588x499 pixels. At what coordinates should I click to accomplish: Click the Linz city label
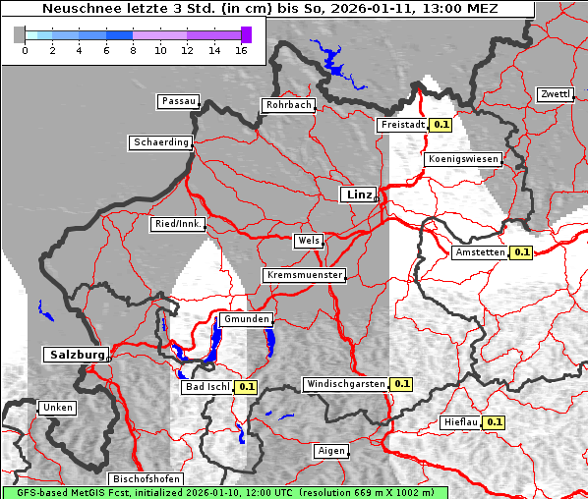click(358, 194)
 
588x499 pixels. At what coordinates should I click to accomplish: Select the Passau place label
click(178, 101)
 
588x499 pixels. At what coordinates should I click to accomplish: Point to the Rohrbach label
click(287, 105)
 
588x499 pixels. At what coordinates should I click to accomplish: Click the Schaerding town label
click(160, 142)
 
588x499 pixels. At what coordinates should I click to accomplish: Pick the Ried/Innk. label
click(178, 224)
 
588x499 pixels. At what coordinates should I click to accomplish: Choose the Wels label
click(308, 241)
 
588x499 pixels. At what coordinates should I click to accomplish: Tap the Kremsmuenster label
click(304, 275)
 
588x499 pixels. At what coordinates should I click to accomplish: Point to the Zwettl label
click(555, 94)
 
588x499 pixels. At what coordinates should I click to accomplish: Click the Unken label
click(57, 407)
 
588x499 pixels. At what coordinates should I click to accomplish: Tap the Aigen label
click(330, 451)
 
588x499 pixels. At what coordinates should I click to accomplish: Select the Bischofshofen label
click(145, 478)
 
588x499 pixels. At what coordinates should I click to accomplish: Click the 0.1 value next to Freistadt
click(441, 125)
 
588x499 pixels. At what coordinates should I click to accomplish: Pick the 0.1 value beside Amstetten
click(521, 252)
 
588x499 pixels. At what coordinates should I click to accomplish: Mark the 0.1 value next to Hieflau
click(495, 422)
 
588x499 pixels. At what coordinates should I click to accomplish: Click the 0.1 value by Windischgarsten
click(401, 384)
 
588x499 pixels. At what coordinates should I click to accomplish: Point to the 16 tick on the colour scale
click(242, 49)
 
